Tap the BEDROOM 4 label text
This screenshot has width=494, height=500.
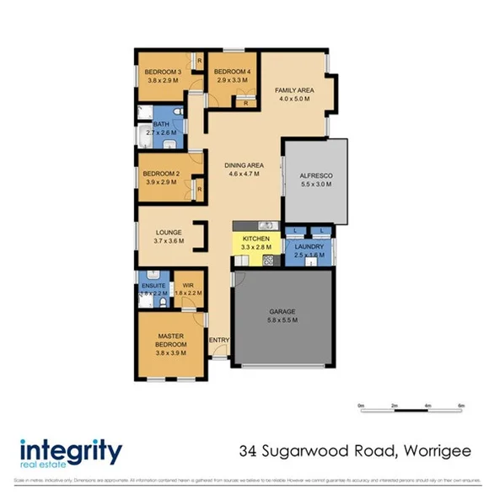(232, 72)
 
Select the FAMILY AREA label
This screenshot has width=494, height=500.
(294, 89)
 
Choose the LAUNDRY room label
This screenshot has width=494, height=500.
(309, 245)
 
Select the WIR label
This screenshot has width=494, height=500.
(188, 286)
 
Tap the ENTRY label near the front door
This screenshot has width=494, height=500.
(219, 341)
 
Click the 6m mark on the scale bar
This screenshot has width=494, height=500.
(461, 406)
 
